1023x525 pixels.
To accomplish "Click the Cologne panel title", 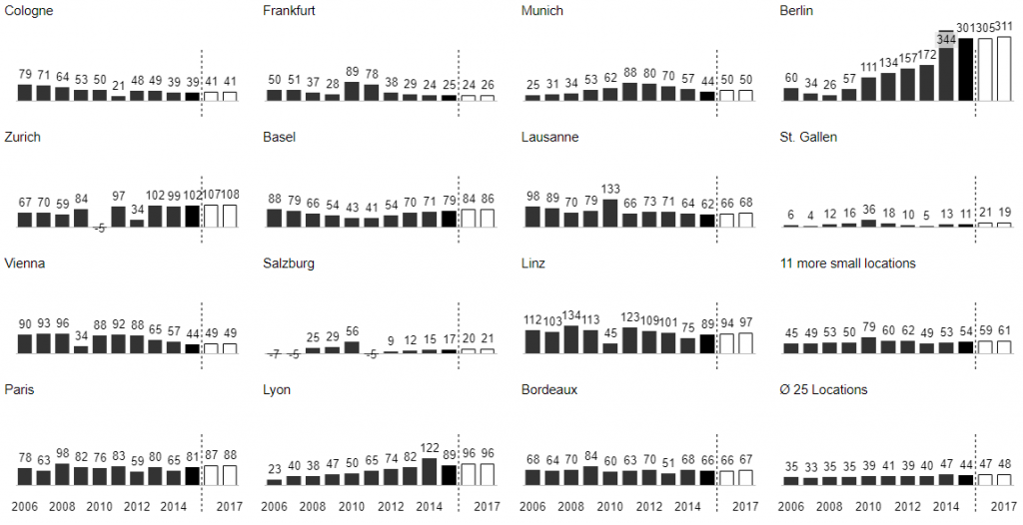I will point(29,11).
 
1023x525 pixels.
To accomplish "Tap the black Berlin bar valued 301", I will point(965,69).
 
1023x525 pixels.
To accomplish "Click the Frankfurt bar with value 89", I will point(352,91).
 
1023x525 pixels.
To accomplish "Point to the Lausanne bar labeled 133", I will point(610,214).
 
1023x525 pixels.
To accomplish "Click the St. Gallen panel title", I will point(808,137).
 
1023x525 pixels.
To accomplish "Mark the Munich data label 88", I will point(629,73).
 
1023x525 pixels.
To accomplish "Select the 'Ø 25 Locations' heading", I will point(823,389).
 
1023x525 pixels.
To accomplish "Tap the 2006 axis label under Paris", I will point(24,506).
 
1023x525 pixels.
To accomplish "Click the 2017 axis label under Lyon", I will point(487,506).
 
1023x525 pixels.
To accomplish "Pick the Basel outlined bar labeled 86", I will point(488,219).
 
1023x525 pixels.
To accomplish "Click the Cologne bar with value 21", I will point(119,97).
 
